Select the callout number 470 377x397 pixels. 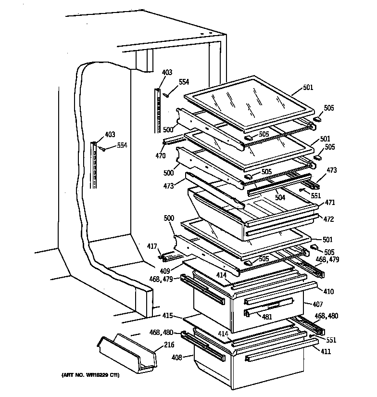(160, 155)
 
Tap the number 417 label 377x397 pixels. (152, 247)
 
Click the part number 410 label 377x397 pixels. (329, 292)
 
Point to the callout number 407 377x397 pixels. (318, 304)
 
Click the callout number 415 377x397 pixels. (167, 316)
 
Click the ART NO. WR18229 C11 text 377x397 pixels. (90, 375)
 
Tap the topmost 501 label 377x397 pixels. (308, 88)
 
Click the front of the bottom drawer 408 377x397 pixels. (269, 375)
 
